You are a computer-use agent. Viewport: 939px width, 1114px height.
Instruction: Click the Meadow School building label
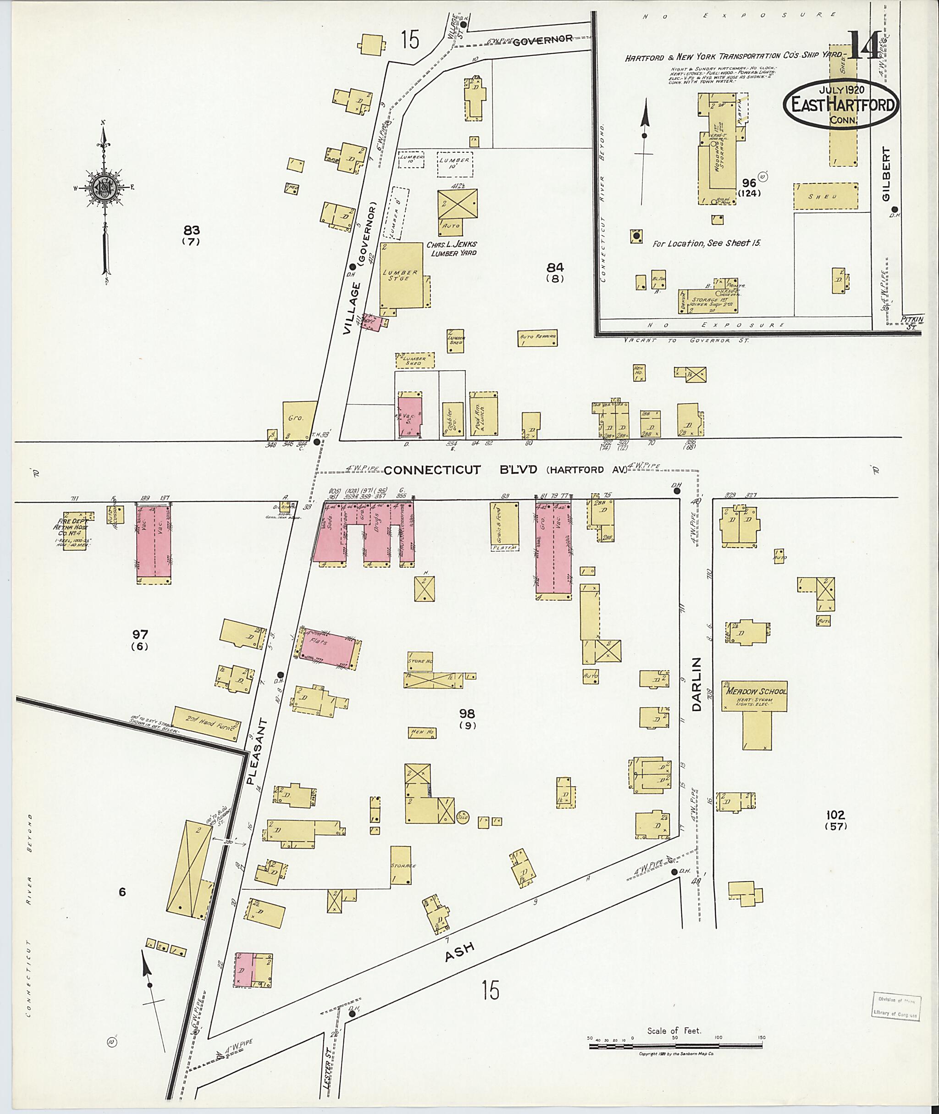pyautogui.click(x=754, y=691)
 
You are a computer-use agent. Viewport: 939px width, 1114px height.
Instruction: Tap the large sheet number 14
pyautogui.click(x=863, y=47)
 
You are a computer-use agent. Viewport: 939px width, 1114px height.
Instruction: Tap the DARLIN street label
pyautogui.click(x=697, y=684)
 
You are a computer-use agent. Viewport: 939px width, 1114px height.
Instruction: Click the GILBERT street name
pyautogui.click(x=885, y=174)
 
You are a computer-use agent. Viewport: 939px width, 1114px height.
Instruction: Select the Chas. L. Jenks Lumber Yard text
pyautogui.click(x=452, y=249)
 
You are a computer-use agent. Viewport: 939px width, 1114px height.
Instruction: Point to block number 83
pyautogui.click(x=191, y=231)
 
